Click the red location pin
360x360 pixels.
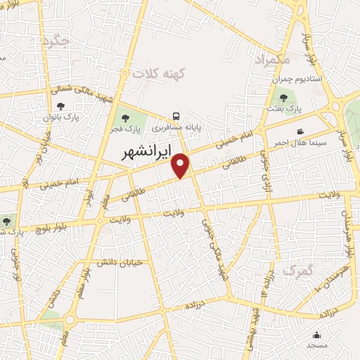(181, 165)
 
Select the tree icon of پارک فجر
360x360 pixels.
(125, 118)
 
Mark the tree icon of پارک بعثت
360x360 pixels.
(283, 98)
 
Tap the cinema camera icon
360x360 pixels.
(300, 131)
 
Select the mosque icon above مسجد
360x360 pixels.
(316, 335)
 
